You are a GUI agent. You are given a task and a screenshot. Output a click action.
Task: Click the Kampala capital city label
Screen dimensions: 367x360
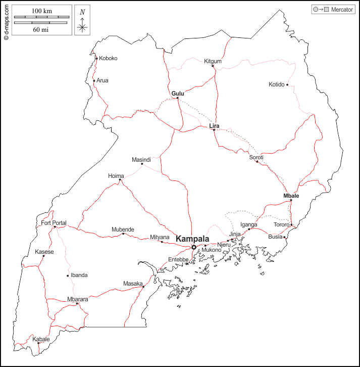(x=192, y=239)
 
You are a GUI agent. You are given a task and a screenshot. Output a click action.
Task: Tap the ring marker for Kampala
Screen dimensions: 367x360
(x=194, y=247)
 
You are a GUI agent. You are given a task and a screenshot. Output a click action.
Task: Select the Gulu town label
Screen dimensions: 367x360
(x=178, y=94)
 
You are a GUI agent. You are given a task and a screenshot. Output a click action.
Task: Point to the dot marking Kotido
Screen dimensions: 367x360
(x=288, y=85)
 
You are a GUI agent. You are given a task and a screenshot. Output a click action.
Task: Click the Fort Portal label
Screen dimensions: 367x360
(x=54, y=223)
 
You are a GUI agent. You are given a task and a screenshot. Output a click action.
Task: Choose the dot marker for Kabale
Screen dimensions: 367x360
(x=38, y=343)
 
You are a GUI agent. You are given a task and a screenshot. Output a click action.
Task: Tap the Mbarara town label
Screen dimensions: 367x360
(x=78, y=299)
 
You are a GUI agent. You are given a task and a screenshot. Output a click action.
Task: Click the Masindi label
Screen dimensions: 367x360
(x=141, y=159)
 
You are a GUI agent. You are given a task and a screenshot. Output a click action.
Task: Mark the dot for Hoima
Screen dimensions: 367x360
(x=120, y=180)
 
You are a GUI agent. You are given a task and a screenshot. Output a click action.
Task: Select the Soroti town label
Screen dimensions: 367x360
(x=256, y=157)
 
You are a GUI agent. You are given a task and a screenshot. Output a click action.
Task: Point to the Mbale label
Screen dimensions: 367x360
(x=291, y=196)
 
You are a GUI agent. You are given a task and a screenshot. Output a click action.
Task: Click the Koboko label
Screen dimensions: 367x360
(x=108, y=58)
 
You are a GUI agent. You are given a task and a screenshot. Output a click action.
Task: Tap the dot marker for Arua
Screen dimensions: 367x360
(x=94, y=80)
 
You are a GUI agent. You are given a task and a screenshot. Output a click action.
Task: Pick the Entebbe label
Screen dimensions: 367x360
(x=178, y=259)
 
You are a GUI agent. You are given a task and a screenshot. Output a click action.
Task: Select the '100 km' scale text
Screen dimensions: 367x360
(x=41, y=11)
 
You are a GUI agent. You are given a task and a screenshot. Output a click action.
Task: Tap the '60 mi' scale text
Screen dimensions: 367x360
(x=41, y=29)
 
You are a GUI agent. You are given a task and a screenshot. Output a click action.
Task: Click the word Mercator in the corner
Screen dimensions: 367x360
(x=342, y=10)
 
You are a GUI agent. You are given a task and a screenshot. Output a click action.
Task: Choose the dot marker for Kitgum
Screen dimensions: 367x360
(x=213, y=66)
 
